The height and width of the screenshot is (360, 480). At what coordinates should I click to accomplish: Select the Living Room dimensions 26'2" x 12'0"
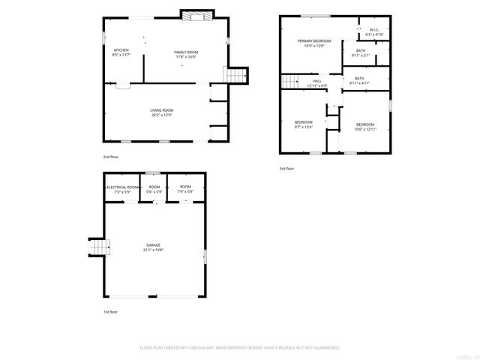click(162, 115)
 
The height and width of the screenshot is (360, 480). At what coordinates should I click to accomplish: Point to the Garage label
click(154, 244)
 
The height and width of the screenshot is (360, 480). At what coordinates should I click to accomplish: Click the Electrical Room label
click(121, 187)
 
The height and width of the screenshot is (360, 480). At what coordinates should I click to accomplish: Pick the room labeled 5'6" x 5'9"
click(154, 190)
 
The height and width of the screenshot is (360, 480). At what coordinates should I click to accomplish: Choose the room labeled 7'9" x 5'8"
click(185, 190)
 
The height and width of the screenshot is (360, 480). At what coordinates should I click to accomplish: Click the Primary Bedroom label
click(313, 41)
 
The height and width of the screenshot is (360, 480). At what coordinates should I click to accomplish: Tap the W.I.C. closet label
click(373, 31)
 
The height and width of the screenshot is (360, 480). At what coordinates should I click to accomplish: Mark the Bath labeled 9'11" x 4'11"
click(359, 79)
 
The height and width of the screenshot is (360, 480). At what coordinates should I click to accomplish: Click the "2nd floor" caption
click(111, 157)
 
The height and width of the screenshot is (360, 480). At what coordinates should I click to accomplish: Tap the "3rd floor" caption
click(286, 169)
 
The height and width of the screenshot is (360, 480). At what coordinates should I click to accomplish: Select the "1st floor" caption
click(111, 311)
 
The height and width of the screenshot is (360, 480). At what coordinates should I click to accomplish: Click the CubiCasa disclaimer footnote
click(240, 348)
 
